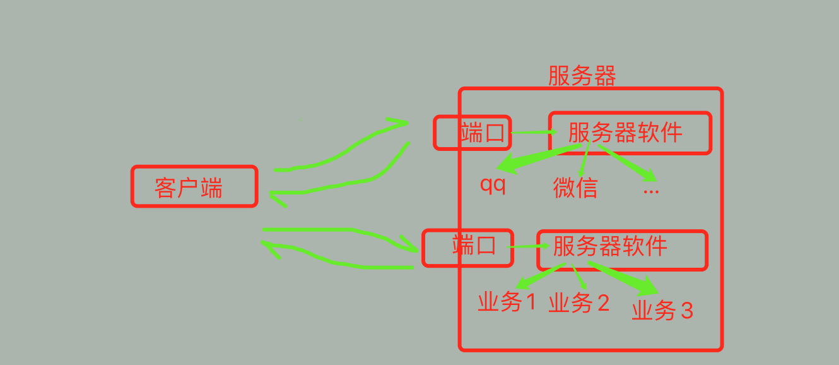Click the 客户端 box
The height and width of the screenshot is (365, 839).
pos(194,186)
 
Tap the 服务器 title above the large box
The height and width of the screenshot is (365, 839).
pos(582,76)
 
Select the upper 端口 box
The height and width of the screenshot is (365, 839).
pos(472,133)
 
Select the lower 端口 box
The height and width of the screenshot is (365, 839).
pos(467,247)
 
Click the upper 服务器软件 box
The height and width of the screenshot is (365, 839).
pos(630,133)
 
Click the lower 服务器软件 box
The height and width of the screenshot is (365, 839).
pos(621,249)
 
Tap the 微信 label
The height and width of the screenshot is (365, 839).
pos(575,188)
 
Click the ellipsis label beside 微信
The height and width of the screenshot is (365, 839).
pos(650,189)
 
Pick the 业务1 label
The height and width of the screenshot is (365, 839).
pos(507,302)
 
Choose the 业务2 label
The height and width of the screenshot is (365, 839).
pos(579,303)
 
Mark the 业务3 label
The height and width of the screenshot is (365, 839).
pos(662,310)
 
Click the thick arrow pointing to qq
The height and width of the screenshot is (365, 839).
pos(536,158)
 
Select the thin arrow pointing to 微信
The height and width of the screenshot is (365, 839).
pos(584,161)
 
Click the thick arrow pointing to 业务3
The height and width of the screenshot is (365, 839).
pos(625,278)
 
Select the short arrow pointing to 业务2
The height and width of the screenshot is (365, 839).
pos(580,278)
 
